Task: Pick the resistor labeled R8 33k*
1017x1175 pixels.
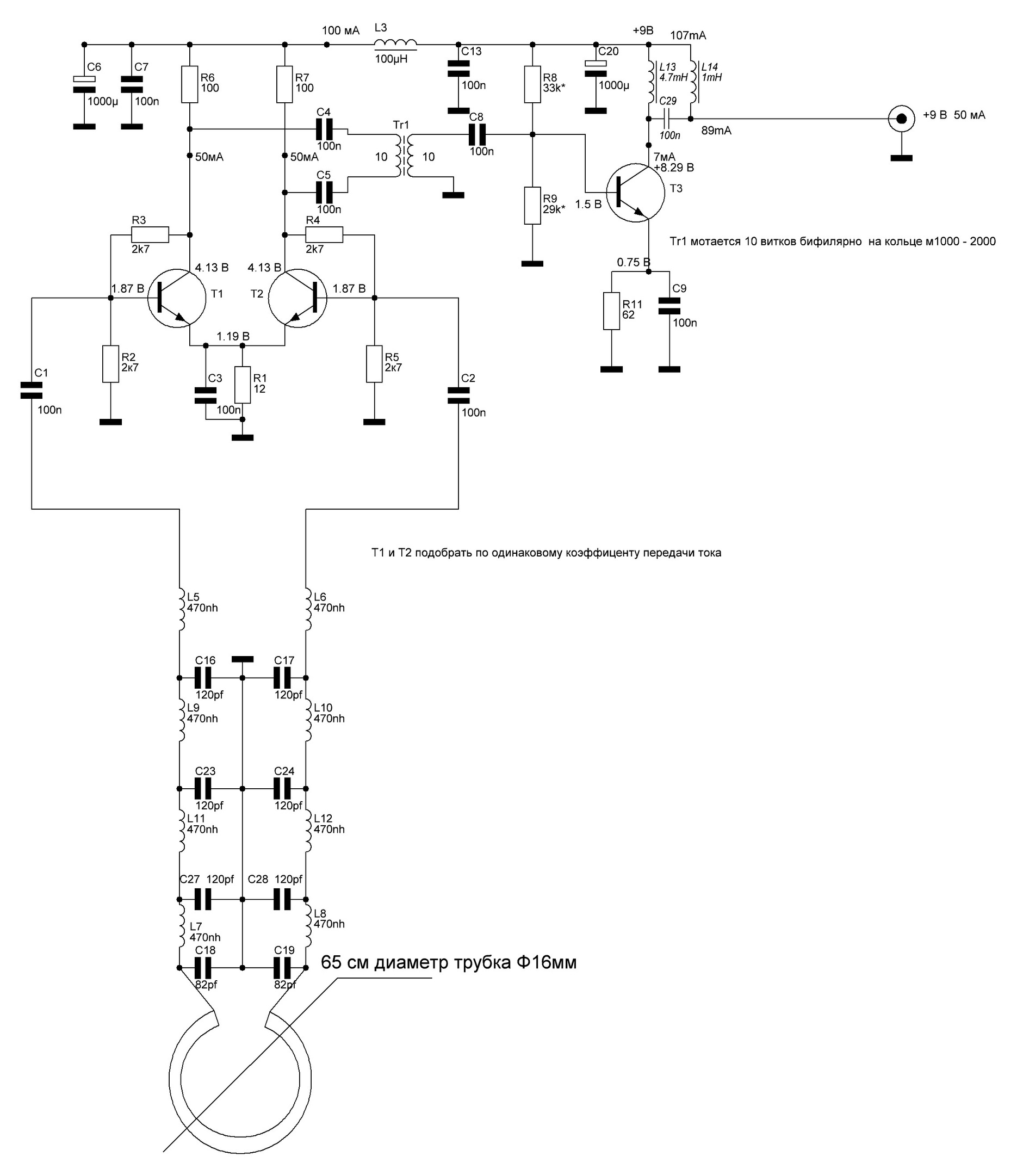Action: click(532, 84)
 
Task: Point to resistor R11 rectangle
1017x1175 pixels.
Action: click(611, 311)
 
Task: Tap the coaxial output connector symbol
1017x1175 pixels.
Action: click(902, 119)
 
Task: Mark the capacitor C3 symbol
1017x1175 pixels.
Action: click(206, 395)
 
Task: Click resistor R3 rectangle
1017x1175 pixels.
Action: click(150, 234)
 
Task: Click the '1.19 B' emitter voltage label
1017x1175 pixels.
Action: click(233, 336)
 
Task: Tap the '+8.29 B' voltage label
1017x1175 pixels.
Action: click(674, 168)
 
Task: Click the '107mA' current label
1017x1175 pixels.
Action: click(688, 35)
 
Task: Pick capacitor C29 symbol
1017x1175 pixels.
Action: click(669, 119)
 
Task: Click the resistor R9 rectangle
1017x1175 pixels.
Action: click(532, 206)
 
